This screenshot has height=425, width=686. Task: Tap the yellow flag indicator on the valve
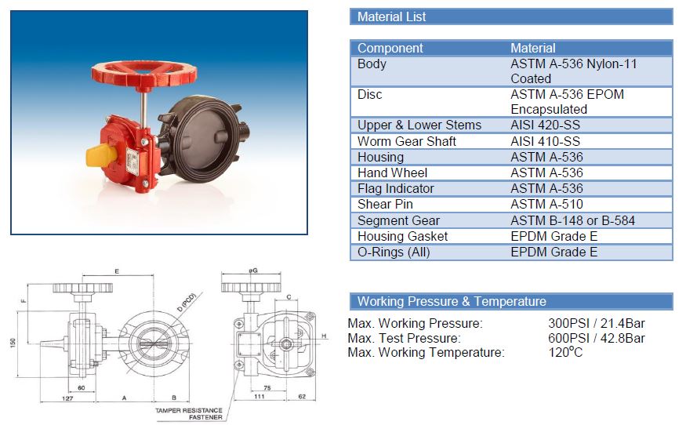click(x=101, y=155)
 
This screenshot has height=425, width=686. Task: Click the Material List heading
click(x=391, y=16)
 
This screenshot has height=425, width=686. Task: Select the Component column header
click(x=390, y=48)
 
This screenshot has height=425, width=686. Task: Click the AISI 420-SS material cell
click(x=545, y=125)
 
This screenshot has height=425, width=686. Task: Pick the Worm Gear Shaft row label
click(x=407, y=141)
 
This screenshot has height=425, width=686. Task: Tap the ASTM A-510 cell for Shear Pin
click(x=547, y=204)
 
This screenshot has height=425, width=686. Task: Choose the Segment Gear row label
click(x=398, y=220)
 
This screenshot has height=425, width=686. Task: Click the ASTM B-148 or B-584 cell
click(x=572, y=220)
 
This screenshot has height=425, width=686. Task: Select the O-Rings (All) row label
click(x=394, y=252)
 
